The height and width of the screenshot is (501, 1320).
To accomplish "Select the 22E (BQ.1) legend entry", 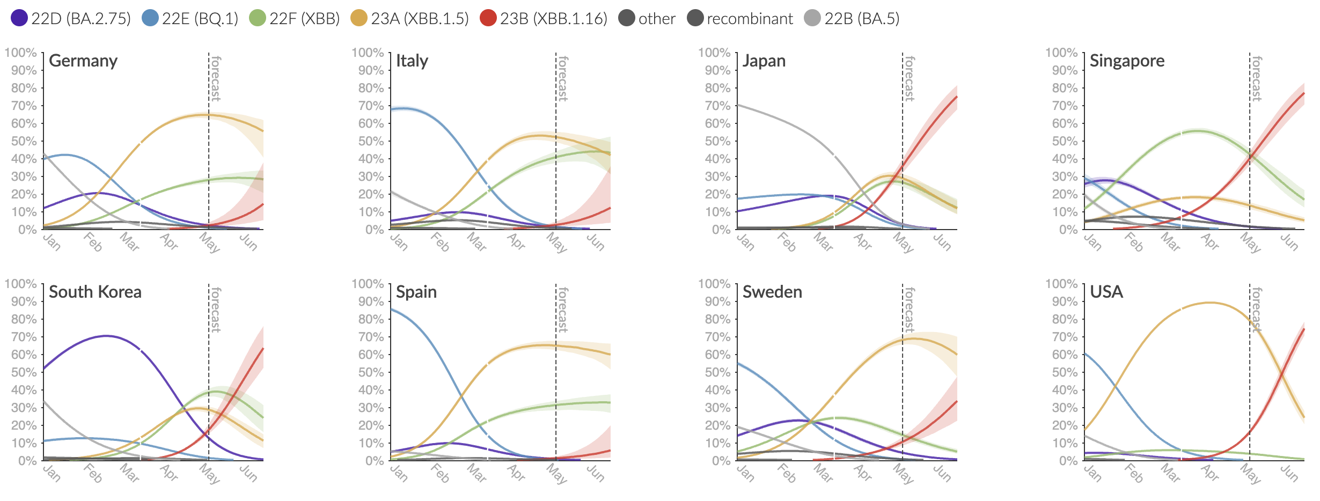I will (x=190, y=19).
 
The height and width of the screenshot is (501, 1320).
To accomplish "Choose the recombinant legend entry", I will (x=740, y=19).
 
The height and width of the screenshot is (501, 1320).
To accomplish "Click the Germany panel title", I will (x=83, y=61).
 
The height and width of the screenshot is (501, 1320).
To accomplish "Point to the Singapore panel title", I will (x=1127, y=61).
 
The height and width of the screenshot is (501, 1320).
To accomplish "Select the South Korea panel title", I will (x=95, y=292).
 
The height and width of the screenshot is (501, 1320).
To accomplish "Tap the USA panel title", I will (x=1106, y=292).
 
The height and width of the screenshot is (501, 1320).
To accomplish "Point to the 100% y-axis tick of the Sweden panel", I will (x=714, y=284).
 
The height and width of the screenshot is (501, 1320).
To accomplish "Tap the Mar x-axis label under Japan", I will (x=823, y=242).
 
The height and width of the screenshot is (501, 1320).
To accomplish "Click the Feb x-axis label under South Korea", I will (x=93, y=473).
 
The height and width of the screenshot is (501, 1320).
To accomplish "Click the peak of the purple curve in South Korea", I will (x=106, y=336).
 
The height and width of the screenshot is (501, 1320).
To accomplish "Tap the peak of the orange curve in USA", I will (x=1209, y=303).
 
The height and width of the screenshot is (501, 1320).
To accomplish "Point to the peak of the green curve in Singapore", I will (x=1198, y=131).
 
